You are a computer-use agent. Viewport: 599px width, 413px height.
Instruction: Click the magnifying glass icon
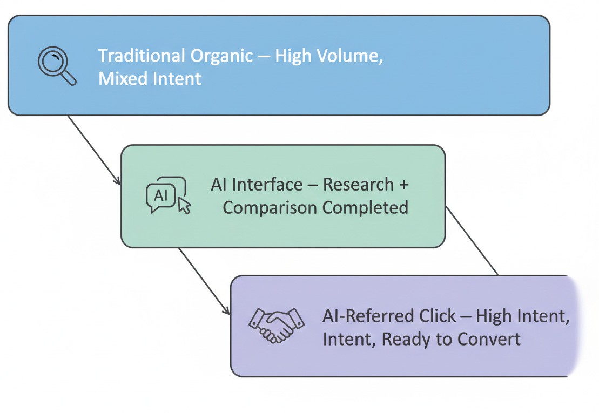tap(56, 66)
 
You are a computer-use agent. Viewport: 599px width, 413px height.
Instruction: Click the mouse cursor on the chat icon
tap(184, 205)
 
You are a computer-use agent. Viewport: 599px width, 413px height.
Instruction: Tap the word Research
tap(358, 185)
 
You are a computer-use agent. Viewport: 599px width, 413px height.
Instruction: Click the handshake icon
tap(276, 325)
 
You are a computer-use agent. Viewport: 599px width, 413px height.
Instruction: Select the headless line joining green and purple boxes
tap(471, 240)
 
